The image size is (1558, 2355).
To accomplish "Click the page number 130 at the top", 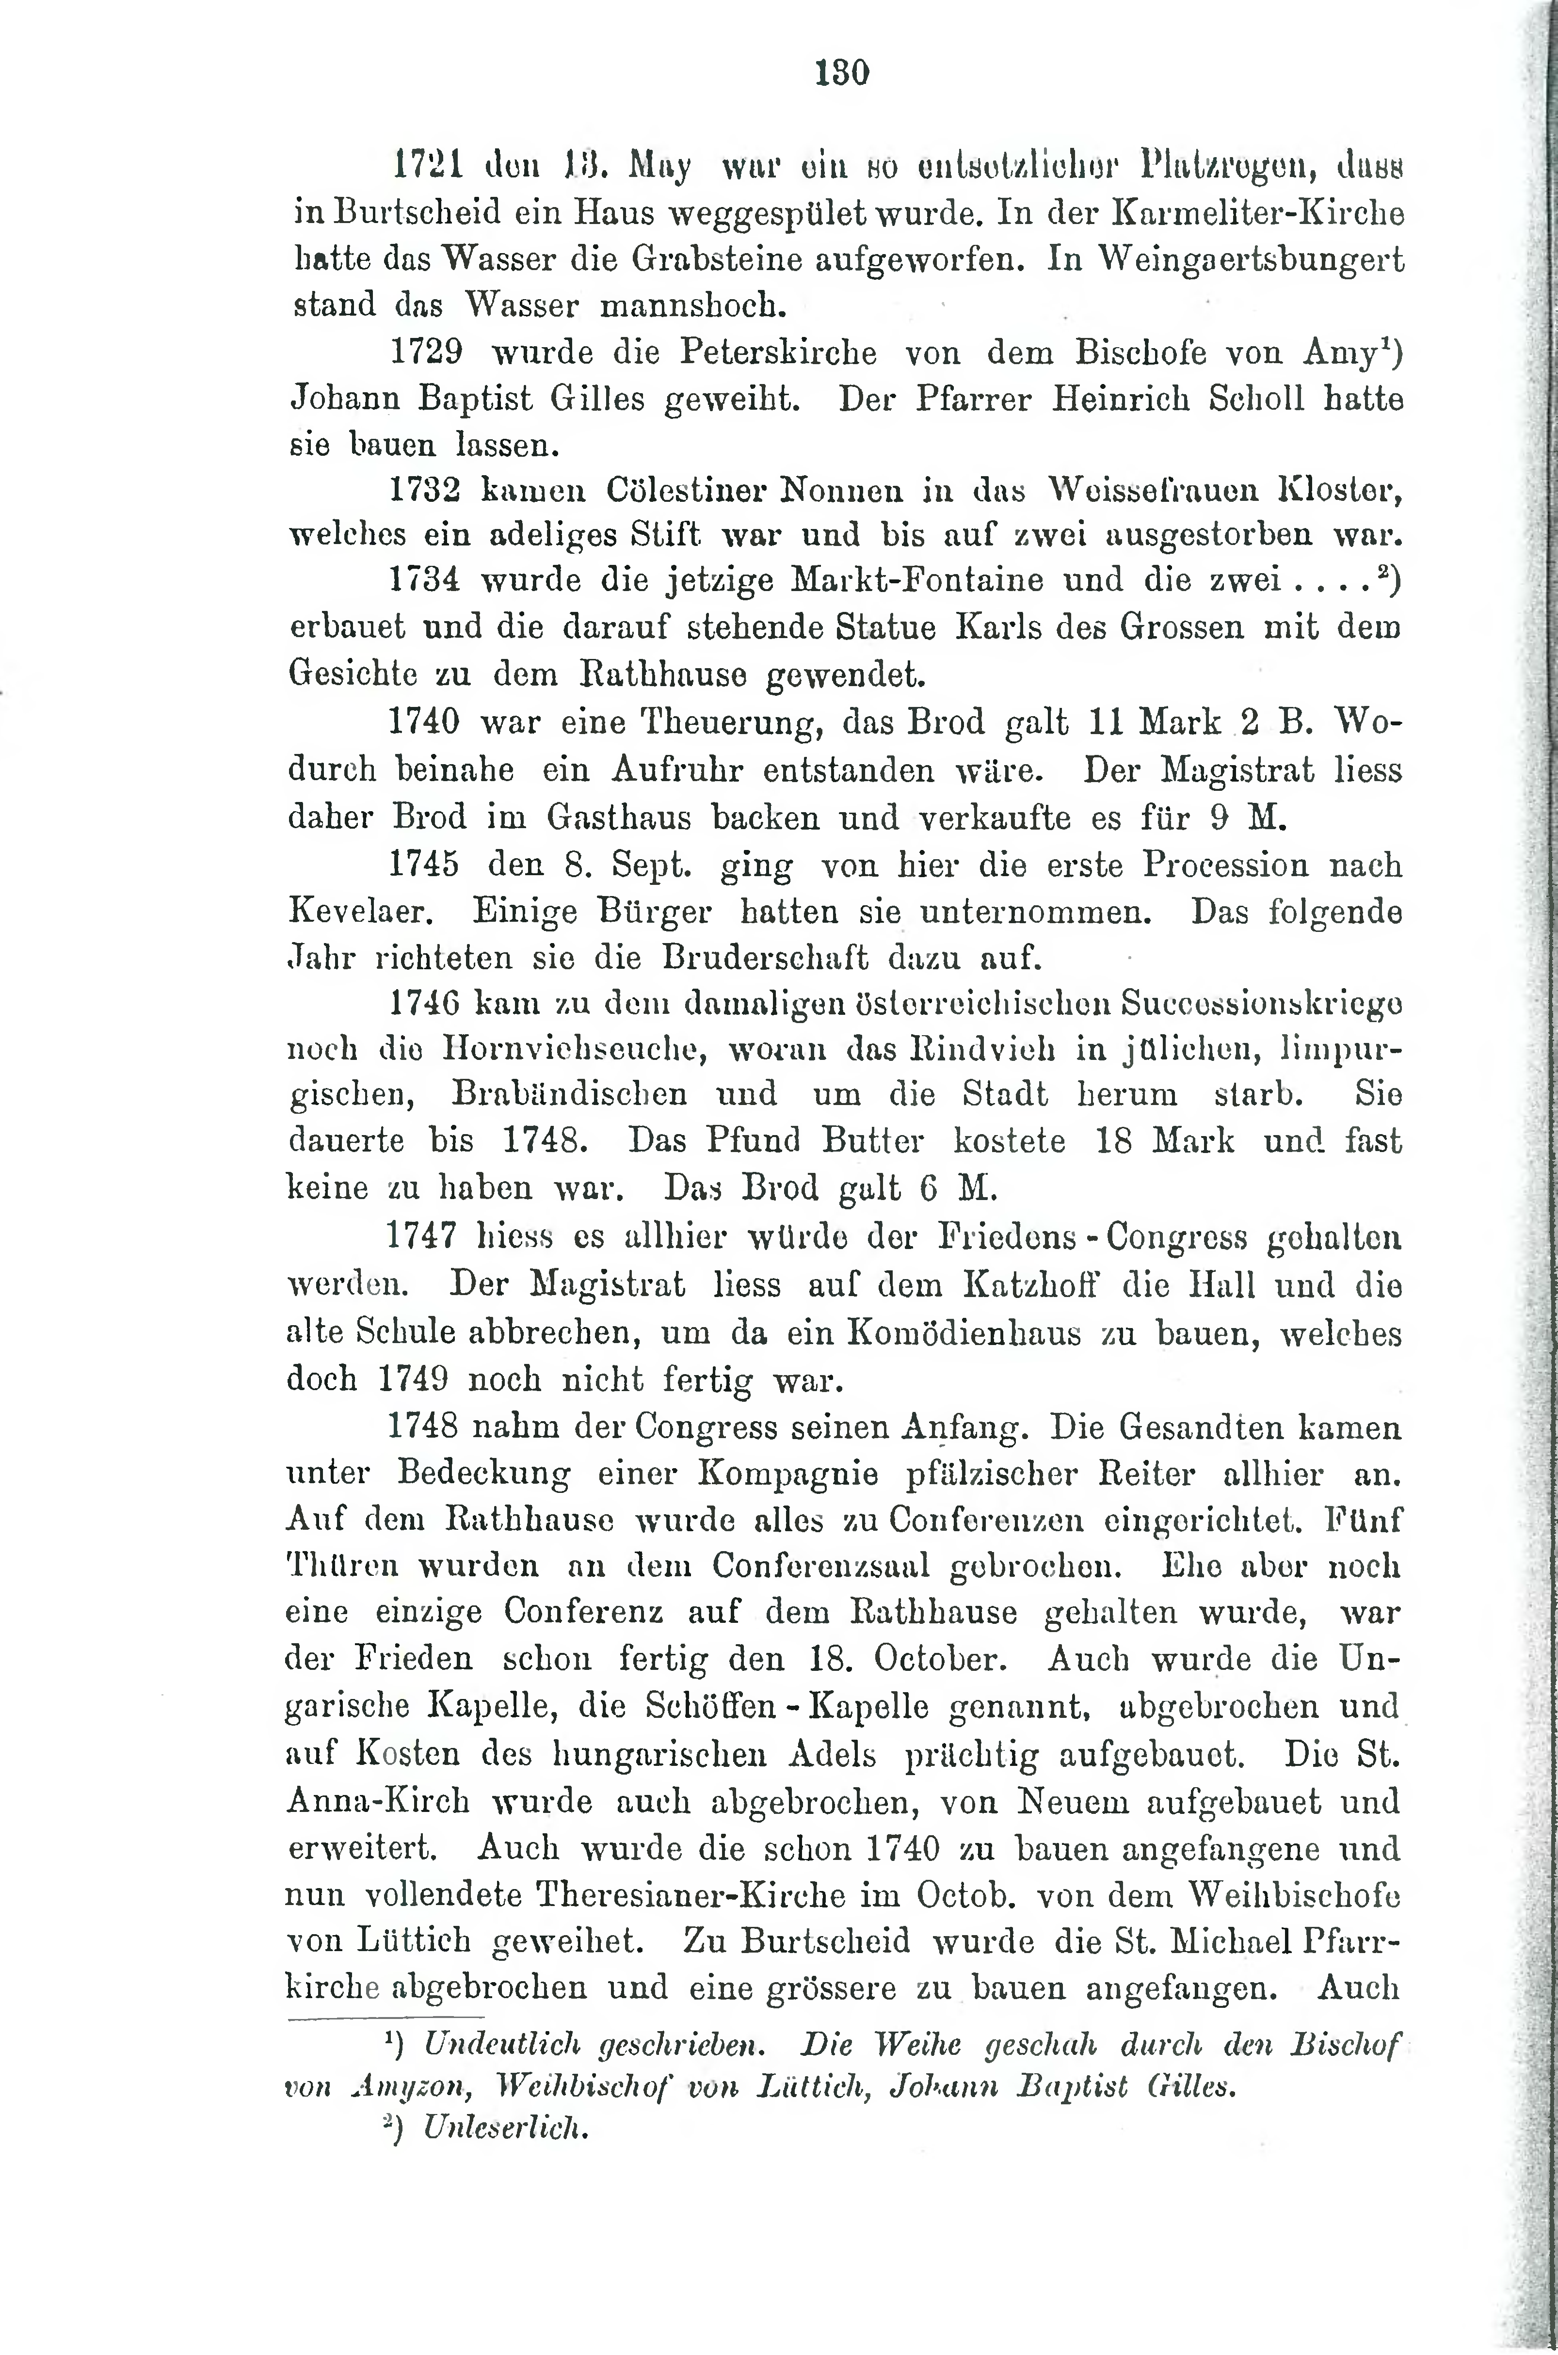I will [842, 73].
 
